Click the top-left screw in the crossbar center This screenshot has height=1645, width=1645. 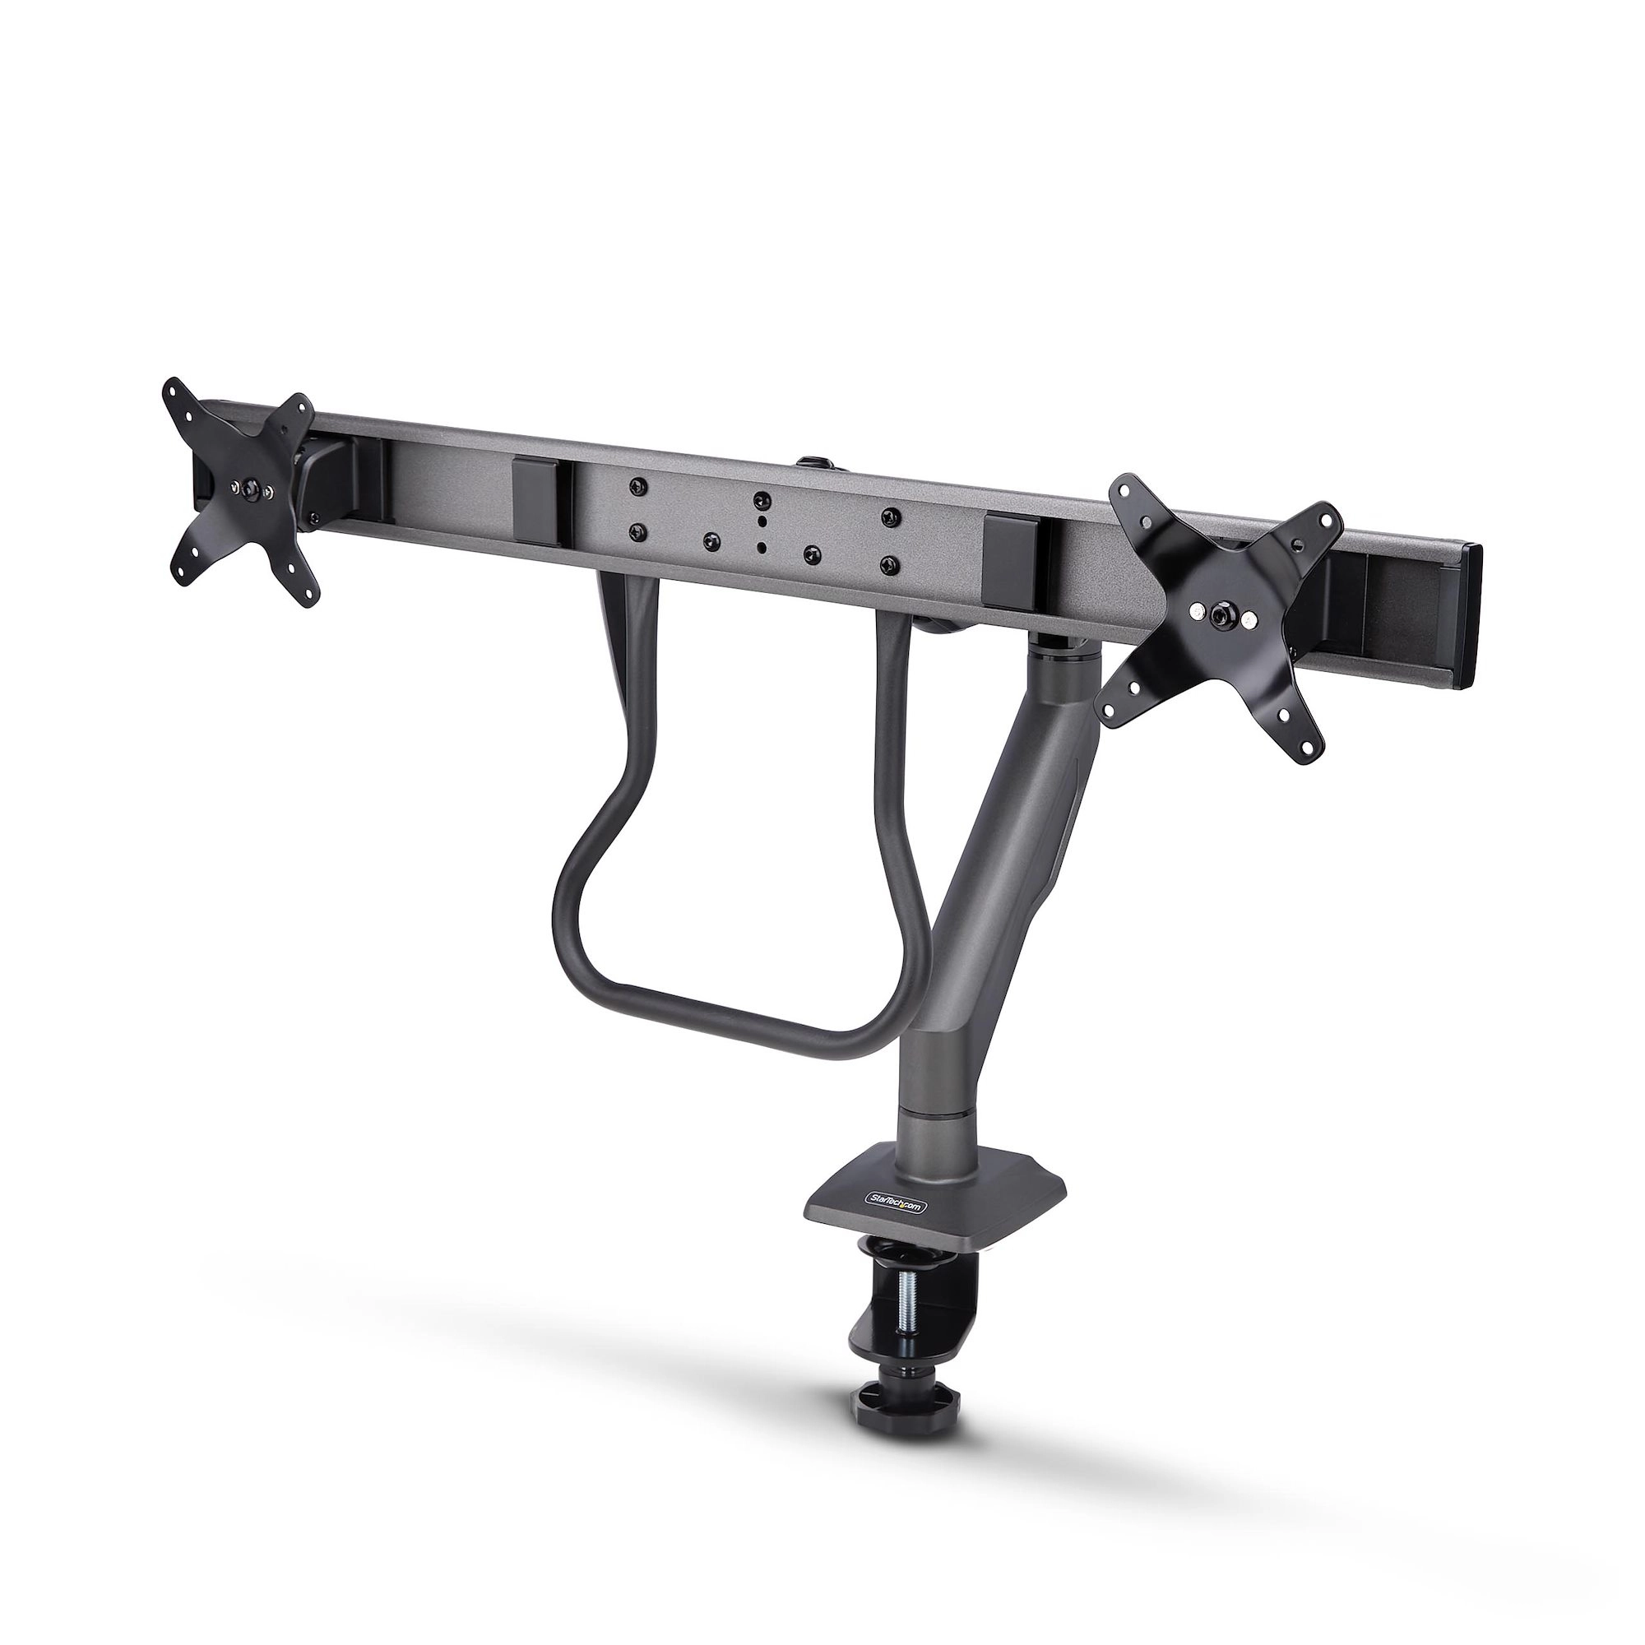click(633, 485)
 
